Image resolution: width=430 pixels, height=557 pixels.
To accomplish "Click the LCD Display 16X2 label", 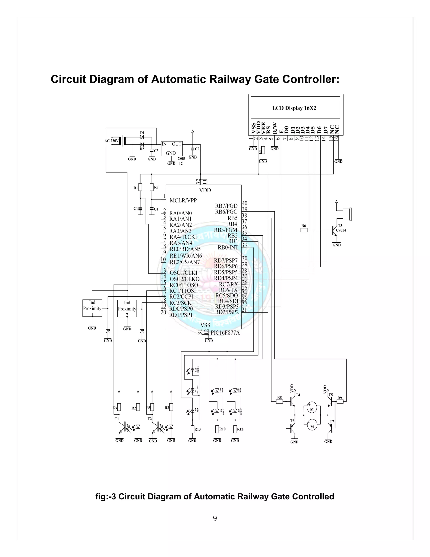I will point(294,108).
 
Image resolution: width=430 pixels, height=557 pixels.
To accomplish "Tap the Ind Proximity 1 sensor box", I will point(92,308).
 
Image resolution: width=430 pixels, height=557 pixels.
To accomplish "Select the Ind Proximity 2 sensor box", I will point(127,308).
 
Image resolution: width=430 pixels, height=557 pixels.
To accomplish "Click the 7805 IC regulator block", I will point(172,149).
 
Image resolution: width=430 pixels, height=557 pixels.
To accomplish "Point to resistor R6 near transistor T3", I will point(304,230).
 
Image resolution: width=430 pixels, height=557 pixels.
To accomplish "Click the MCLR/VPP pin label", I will point(183,201).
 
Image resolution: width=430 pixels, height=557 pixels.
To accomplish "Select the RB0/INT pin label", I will point(228,247).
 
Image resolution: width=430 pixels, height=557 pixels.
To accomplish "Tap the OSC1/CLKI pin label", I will point(184,273).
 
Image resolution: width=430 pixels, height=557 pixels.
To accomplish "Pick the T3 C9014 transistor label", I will point(341,228).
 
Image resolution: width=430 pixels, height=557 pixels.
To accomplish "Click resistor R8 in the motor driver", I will point(279,401).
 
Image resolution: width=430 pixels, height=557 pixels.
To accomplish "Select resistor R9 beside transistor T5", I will point(340,401).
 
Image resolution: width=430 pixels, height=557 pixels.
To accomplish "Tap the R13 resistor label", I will point(197,429).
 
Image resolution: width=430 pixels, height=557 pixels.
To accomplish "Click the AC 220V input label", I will point(111,141).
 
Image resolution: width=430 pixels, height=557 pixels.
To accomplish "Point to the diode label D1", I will point(142,133).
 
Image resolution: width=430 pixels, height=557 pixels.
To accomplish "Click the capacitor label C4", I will point(156,209).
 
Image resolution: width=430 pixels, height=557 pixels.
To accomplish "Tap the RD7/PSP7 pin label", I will point(226,260).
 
